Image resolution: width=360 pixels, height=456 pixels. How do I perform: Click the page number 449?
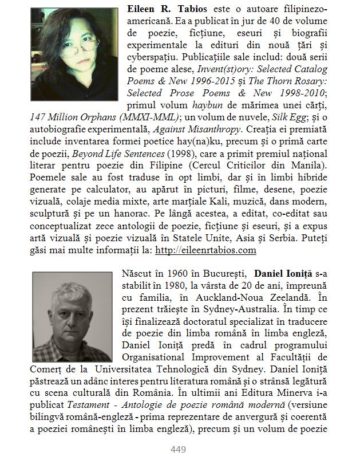(x=179, y=450)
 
